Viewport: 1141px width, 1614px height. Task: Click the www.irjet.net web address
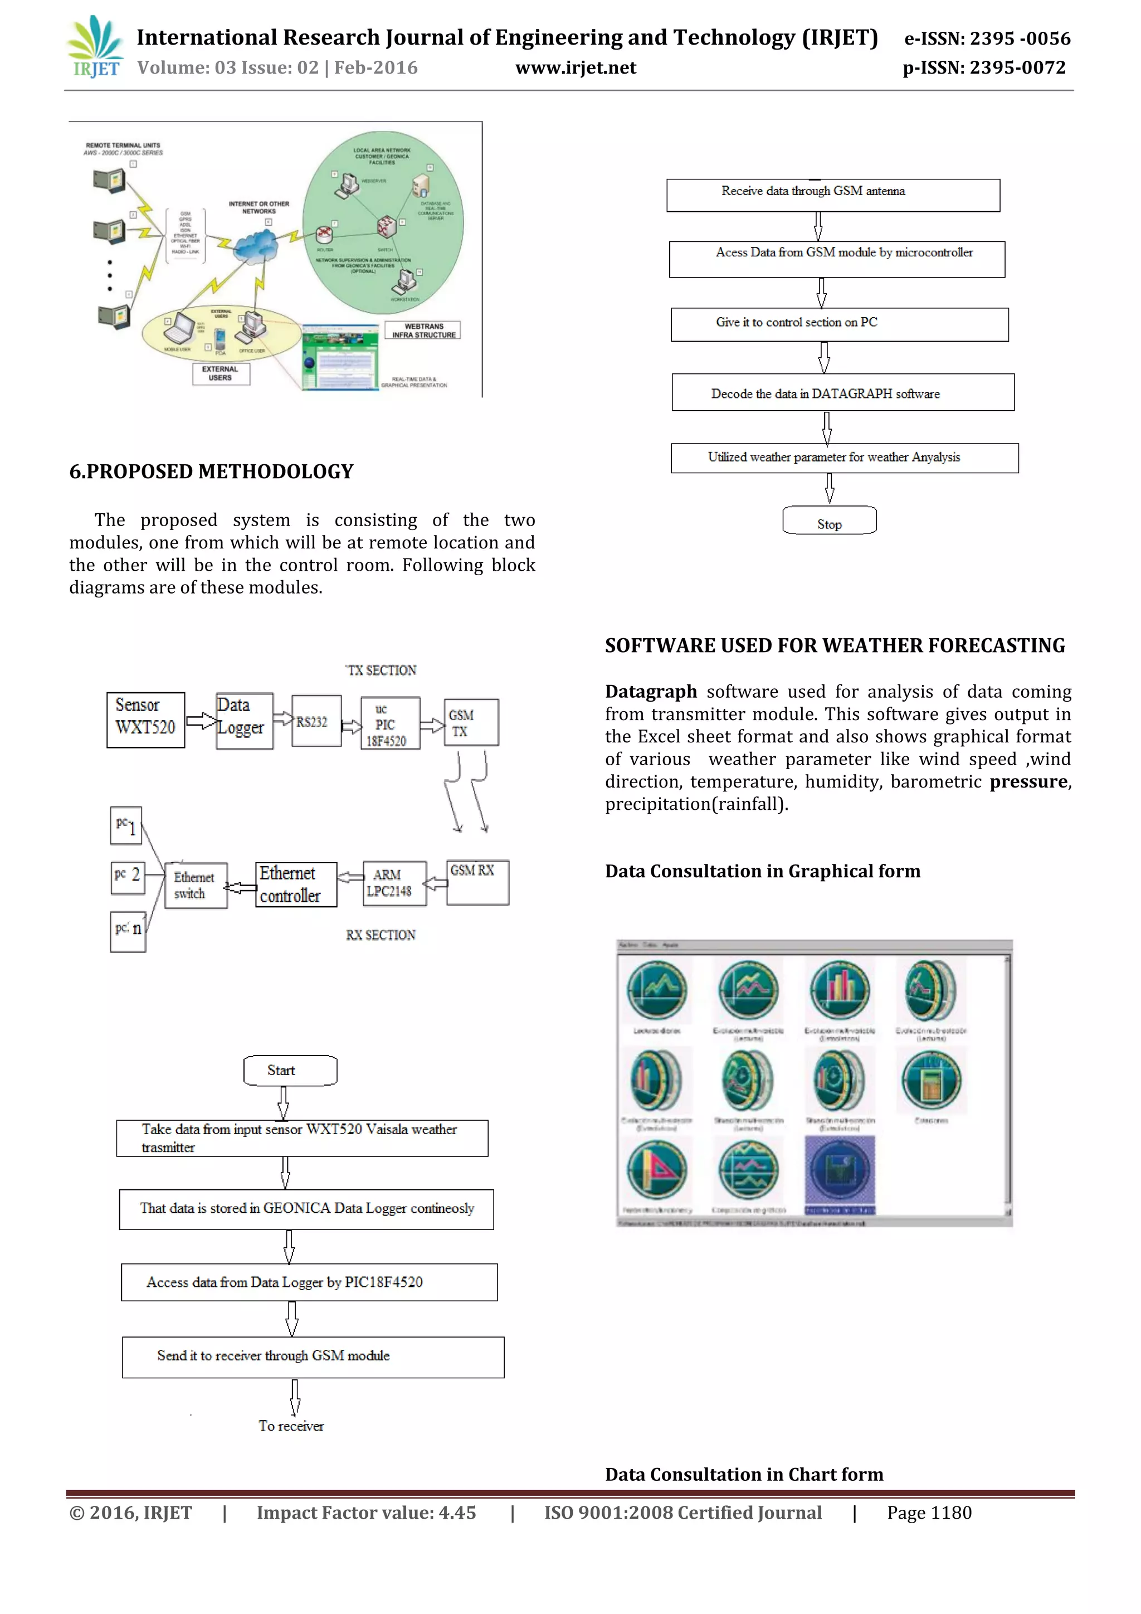coord(576,68)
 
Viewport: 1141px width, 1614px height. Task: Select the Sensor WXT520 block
coord(145,720)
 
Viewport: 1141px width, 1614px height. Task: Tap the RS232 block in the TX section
coord(315,721)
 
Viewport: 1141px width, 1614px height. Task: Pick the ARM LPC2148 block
coord(394,883)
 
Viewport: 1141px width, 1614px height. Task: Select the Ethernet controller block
coord(296,884)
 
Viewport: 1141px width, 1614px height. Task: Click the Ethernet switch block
coord(196,886)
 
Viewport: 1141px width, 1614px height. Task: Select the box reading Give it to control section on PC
coord(839,324)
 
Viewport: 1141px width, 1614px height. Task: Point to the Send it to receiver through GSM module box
coord(313,1357)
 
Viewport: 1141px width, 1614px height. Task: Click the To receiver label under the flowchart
coord(291,1426)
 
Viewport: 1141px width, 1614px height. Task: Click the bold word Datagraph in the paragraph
coord(651,692)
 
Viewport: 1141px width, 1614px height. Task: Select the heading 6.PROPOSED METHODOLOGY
coord(211,471)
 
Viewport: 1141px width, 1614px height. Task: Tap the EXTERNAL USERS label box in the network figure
coord(221,373)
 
